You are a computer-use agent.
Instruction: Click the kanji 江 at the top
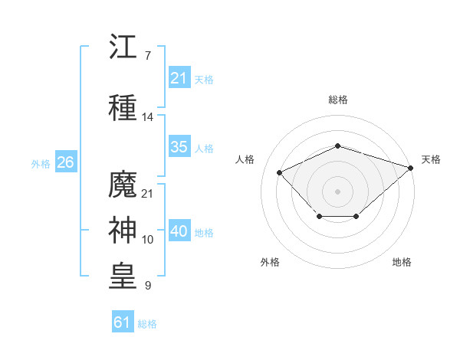tap(123, 46)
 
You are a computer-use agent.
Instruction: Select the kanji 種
tap(123, 107)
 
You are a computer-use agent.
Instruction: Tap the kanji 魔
tap(123, 184)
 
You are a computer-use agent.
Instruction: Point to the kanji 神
tap(123, 230)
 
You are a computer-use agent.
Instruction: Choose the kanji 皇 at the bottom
tap(123, 276)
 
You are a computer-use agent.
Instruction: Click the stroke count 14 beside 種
tap(147, 117)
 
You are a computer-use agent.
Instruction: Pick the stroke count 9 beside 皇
tap(148, 285)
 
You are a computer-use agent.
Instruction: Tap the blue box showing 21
tap(179, 77)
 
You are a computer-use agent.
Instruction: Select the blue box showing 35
tap(179, 146)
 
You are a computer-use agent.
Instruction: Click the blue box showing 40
tap(179, 230)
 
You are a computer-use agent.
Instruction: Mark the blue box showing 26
tap(66, 162)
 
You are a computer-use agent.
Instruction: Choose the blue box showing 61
tap(123, 321)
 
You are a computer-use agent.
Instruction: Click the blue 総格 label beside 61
tap(147, 324)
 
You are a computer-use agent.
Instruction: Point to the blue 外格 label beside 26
tap(41, 164)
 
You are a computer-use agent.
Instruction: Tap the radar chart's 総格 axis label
tap(338, 100)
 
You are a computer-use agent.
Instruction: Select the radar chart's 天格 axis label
tap(431, 159)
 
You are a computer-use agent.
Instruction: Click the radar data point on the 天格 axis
tap(411, 168)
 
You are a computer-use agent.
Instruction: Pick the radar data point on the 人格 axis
tap(279, 172)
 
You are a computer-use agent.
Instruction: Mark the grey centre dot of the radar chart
tap(337, 191)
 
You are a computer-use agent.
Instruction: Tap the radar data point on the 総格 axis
tap(337, 146)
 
